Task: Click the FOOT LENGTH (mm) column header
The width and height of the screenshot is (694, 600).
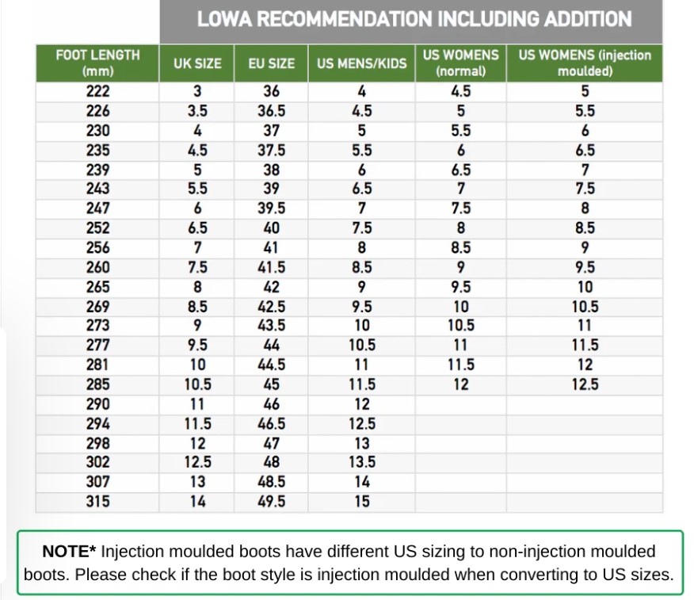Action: click(x=97, y=63)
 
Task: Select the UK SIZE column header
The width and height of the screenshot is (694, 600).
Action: click(x=197, y=63)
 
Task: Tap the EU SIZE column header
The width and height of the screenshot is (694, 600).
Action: click(x=271, y=63)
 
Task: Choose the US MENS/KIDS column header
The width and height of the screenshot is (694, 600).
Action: click(x=361, y=63)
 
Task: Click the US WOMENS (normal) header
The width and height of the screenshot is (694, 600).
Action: click(x=461, y=63)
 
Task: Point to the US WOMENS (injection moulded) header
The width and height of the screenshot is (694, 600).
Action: click(x=585, y=63)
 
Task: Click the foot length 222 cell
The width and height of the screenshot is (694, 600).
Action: click(x=97, y=91)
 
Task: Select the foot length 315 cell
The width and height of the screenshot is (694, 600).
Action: click(x=97, y=501)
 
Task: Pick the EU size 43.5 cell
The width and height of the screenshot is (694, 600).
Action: click(x=271, y=326)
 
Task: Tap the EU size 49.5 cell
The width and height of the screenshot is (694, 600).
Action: click(x=271, y=501)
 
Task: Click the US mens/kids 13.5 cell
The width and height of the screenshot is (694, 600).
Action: click(x=361, y=462)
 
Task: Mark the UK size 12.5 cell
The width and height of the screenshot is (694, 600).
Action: click(x=197, y=462)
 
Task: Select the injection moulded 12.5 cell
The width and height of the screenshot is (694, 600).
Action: click(x=585, y=384)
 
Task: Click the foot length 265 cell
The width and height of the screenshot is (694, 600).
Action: click(x=97, y=287)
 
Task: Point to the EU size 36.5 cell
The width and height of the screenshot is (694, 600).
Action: click(x=271, y=111)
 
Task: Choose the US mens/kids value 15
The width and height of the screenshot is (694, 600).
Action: click(x=361, y=501)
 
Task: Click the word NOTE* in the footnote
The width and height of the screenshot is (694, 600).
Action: click(x=69, y=552)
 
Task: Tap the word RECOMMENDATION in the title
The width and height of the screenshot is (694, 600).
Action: click(x=344, y=19)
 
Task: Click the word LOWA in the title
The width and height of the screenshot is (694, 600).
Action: click(x=224, y=19)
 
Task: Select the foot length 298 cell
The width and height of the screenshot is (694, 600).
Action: click(x=97, y=443)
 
